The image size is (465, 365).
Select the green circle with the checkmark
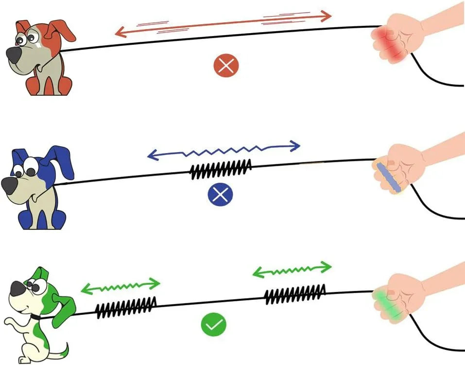[x=214, y=325]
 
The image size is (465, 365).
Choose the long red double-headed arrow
[x=223, y=25]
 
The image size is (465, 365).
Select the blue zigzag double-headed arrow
[x=224, y=150]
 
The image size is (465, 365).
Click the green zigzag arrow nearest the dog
[x=120, y=286]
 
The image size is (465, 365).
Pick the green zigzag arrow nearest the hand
[x=292, y=270]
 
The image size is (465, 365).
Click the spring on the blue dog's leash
[x=221, y=169]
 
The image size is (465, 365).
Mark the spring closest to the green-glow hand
[x=294, y=295]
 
